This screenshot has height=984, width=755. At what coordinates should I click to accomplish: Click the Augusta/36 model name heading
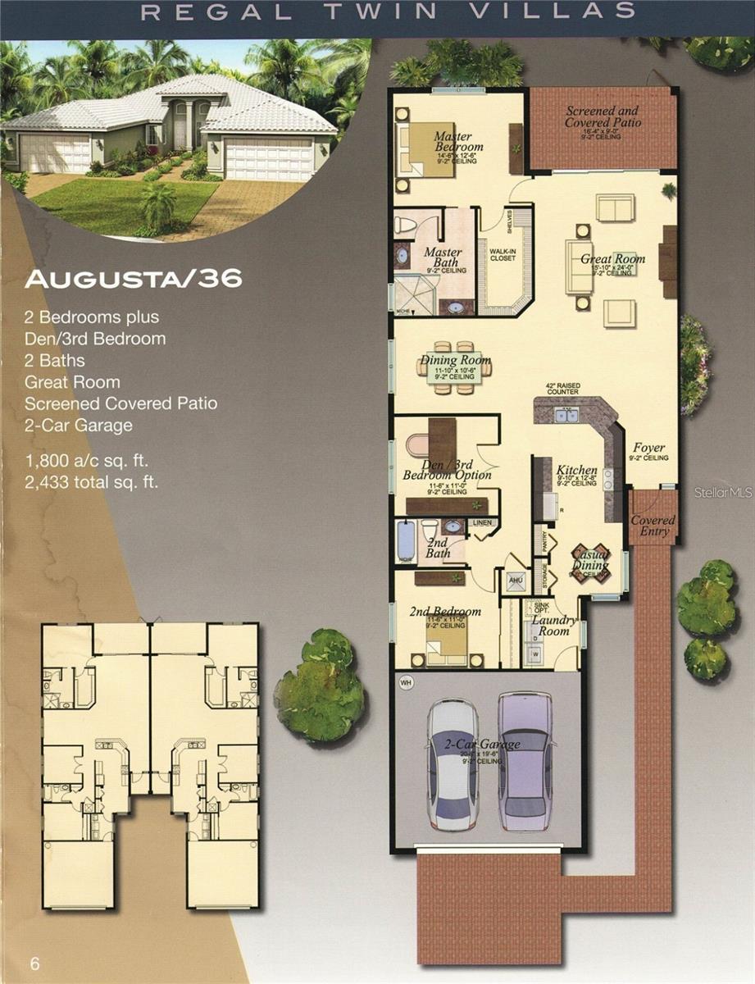(x=134, y=279)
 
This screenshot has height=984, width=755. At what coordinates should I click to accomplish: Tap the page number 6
(x=34, y=963)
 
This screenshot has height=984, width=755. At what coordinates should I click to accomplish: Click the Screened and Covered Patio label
(x=603, y=116)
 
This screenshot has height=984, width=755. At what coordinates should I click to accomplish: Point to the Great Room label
(x=612, y=259)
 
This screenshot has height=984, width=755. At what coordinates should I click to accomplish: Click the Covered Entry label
(x=653, y=526)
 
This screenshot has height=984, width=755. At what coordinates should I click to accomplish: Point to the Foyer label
(x=649, y=449)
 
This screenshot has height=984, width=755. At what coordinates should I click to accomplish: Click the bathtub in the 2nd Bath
(x=406, y=540)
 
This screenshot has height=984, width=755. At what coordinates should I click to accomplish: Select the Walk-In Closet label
(x=503, y=254)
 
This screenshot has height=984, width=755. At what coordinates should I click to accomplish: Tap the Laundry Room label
(x=554, y=626)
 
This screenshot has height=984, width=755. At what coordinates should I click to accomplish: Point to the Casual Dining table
(x=590, y=563)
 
